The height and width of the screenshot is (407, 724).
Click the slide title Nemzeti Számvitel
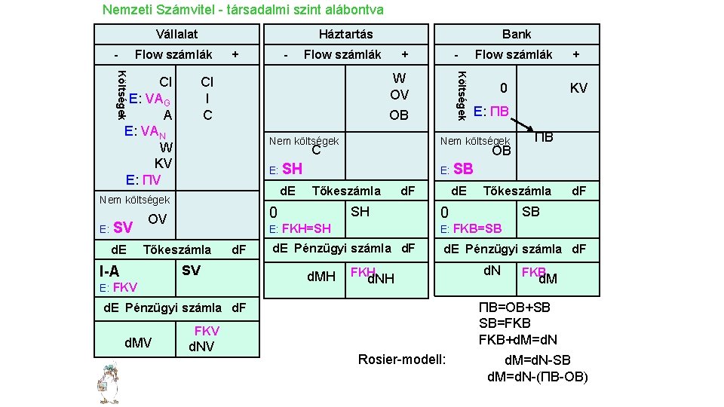pyautogui.click(x=242, y=10)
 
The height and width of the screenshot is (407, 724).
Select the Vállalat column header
pyautogui.click(x=176, y=34)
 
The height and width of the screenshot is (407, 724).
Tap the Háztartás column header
pyautogui.click(x=345, y=34)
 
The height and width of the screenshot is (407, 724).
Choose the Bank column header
pyautogui.click(x=517, y=34)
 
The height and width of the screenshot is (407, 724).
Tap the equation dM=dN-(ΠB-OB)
pyautogui.click(x=537, y=377)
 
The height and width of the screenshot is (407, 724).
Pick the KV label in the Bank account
pyautogui.click(x=578, y=89)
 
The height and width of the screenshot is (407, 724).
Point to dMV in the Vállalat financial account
pyautogui.click(x=137, y=343)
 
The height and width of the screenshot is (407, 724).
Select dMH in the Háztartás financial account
pyautogui.click(x=321, y=277)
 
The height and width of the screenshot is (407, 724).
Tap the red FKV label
pyautogui.click(x=207, y=331)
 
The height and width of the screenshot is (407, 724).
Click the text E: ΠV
pyautogui.click(x=144, y=180)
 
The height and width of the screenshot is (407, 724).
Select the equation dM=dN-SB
pyautogui.click(x=537, y=360)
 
